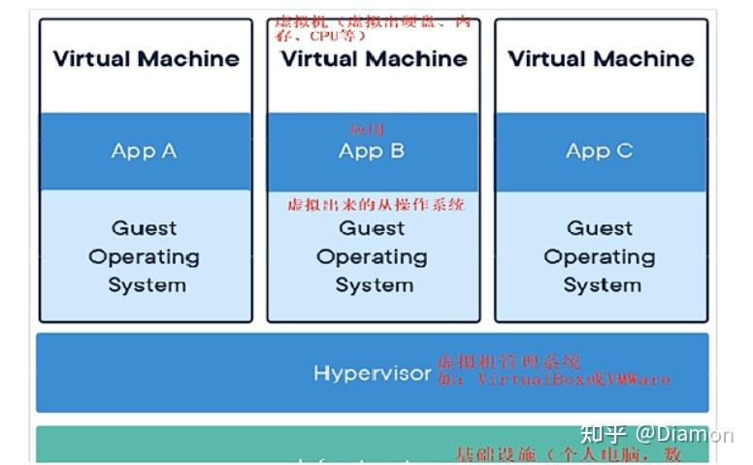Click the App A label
pos(144,150)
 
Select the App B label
pos(372,150)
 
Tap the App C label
pos(600,150)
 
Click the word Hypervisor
pos(372,374)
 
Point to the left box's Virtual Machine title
pos(146,58)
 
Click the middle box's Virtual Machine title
pos(374,58)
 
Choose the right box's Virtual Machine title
pos(601,58)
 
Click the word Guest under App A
pos(144,228)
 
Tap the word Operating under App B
pos(372,257)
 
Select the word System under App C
pos(602,285)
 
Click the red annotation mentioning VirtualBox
pos(553,380)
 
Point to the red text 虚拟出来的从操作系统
pos(376,205)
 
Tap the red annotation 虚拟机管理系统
pos(508,361)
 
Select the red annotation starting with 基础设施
pos(568,454)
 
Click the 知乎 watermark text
pos(602,434)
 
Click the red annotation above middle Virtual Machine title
pos(374,27)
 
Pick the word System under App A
pos(146,285)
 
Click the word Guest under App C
pos(600,228)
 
